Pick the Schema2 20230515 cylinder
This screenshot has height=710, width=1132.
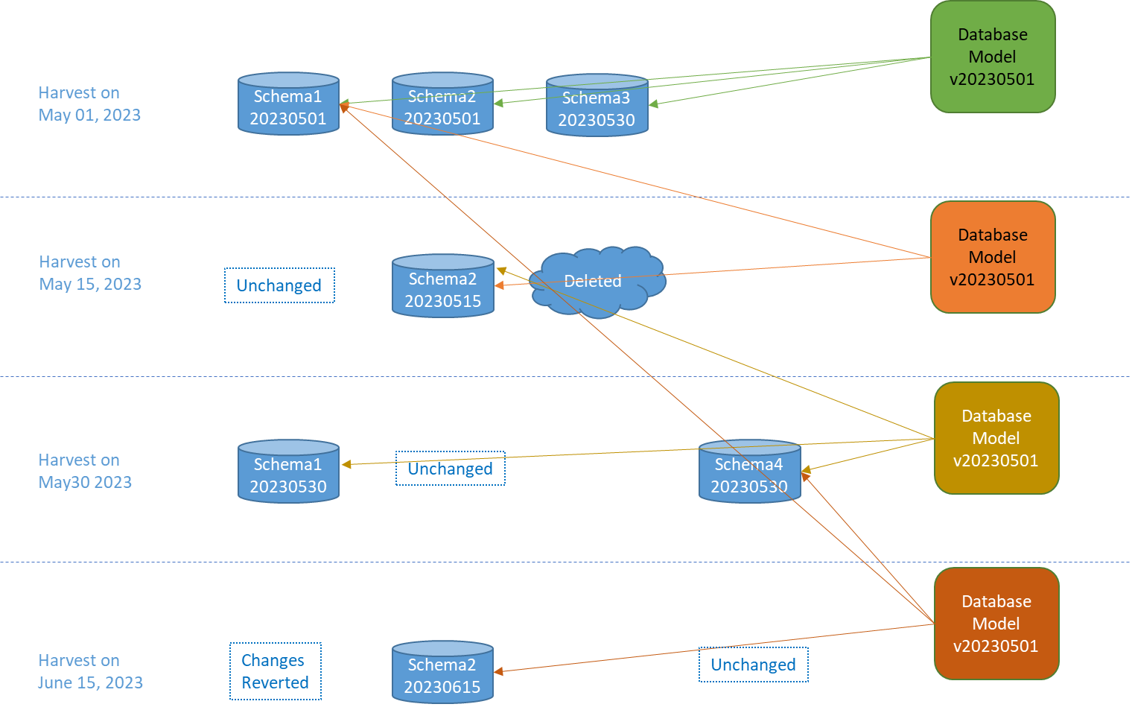pyautogui.click(x=443, y=287)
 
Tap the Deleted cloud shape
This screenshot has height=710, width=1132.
pyautogui.click(x=596, y=282)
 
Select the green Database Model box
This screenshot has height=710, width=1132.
pyautogui.click(x=993, y=57)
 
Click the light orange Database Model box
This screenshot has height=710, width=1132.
pyautogui.click(x=993, y=257)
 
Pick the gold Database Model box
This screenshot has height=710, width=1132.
pyautogui.click(x=996, y=438)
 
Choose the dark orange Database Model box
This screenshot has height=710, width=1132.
pyautogui.click(x=996, y=624)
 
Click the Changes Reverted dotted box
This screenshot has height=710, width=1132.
pyautogui.click(x=275, y=671)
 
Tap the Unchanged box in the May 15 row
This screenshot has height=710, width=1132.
pyautogui.click(x=279, y=285)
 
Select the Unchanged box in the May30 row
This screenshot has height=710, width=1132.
pyautogui.click(x=450, y=469)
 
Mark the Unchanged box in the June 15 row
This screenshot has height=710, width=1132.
pyautogui.click(x=753, y=665)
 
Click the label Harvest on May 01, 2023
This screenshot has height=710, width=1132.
pyautogui.click(x=89, y=104)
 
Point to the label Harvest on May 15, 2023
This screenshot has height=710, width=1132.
pyautogui.click(x=90, y=273)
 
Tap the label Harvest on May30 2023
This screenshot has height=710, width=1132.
pyautogui.click(x=85, y=471)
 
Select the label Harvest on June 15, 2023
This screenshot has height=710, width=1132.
pyautogui.click(x=90, y=671)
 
